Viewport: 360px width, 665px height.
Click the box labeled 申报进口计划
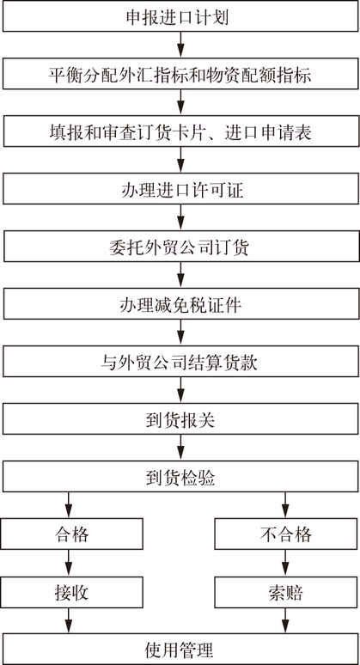180,16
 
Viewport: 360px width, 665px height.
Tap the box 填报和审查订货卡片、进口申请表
180,131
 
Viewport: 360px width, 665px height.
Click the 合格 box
72,534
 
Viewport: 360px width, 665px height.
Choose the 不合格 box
286,534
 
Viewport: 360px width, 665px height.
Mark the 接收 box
72,592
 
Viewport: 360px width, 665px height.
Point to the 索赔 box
286,592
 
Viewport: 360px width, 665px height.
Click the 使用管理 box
180,649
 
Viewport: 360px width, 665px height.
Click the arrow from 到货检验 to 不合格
285,505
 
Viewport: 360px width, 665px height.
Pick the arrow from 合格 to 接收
68,563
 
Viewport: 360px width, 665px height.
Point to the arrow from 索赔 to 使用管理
285,620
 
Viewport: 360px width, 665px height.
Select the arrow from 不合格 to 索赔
285,563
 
